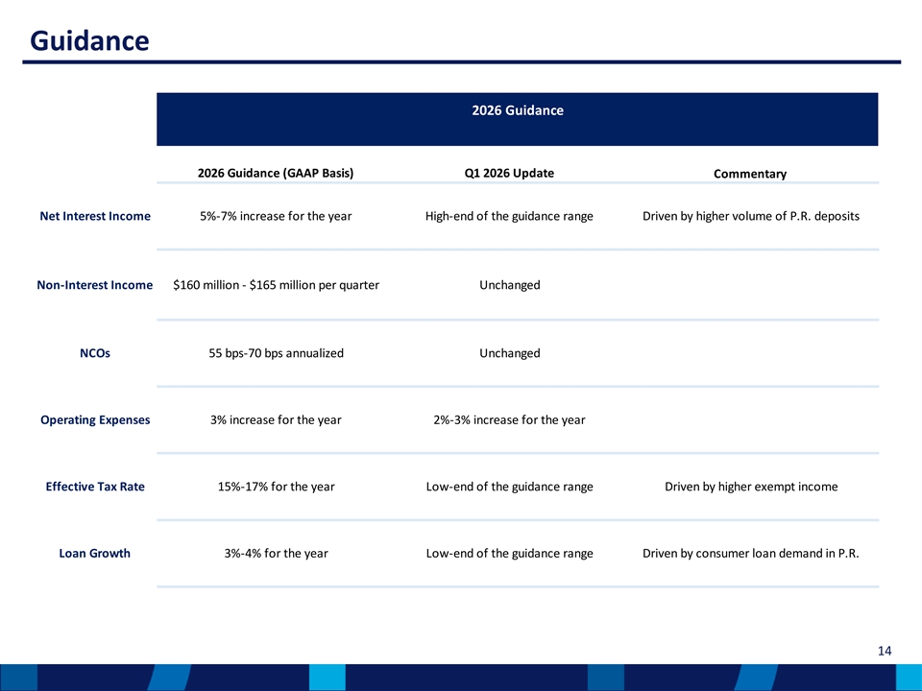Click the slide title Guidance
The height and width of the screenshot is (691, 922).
pyautogui.click(x=89, y=41)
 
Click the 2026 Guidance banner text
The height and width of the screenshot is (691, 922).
pyautogui.click(x=518, y=110)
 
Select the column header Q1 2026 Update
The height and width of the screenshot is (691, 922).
pyautogui.click(x=509, y=174)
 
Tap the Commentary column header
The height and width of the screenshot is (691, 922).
pyautogui.click(x=750, y=174)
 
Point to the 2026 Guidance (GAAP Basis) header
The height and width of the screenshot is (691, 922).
pyautogui.click(x=276, y=174)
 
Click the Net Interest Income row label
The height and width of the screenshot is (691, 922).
pyautogui.click(x=95, y=216)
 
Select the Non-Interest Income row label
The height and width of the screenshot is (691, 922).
pyautogui.click(x=95, y=285)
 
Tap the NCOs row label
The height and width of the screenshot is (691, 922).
pyautogui.click(x=95, y=353)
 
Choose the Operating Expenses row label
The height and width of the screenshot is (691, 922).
pyautogui.click(x=95, y=420)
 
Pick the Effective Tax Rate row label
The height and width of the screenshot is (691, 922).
pyautogui.click(x=95, y=487)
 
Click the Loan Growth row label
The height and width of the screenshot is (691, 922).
pyautogui.click(x=95, y=554)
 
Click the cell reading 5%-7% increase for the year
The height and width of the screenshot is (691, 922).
pyautogui.click(x=276, y=216)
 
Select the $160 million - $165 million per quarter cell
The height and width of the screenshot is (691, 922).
pyautogui.click(x=276, y=285)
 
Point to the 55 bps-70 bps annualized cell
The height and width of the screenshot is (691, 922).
pyautogui.click(x=276, y=353)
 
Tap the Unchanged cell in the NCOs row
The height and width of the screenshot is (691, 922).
pyautogui.click(x=510, y=353)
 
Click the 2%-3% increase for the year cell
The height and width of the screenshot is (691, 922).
pyautogui.click(x=509, y=420)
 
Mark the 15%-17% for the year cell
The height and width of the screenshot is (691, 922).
pyautogui.click(x=276, y=487)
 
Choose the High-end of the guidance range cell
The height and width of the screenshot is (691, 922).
pyautogui.click(x=509, y=216)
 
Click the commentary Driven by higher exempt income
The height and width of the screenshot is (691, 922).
pyautogui.click(x=751, y=487)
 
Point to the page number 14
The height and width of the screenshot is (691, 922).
pyautogui.click(x=885, y=651)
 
